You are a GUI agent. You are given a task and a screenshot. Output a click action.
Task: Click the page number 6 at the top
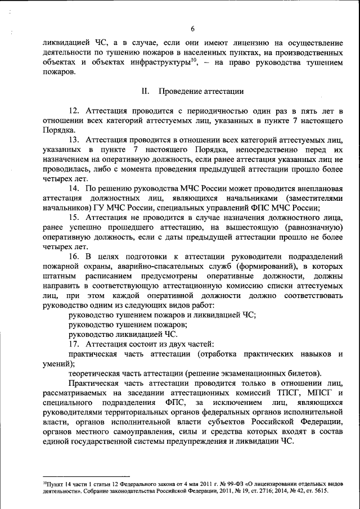192,29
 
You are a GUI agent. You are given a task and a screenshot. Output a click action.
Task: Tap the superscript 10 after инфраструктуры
193,60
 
